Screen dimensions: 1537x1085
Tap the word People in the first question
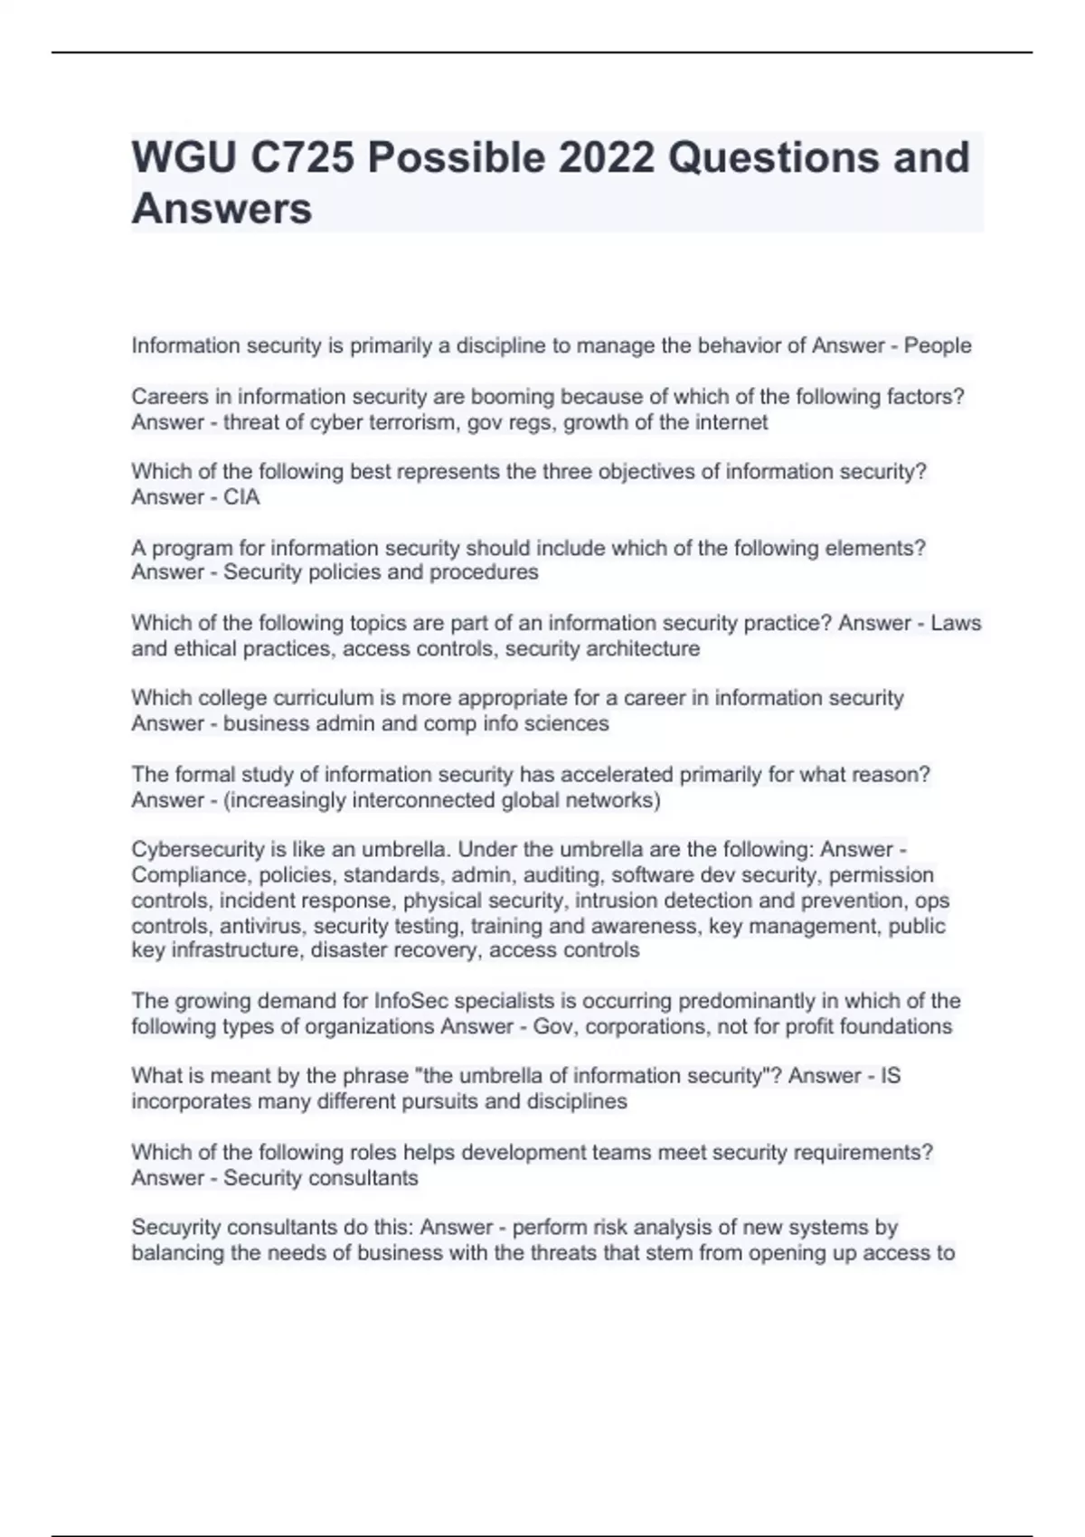(x=938, y=345)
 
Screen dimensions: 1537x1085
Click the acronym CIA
(x=241, y=497)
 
